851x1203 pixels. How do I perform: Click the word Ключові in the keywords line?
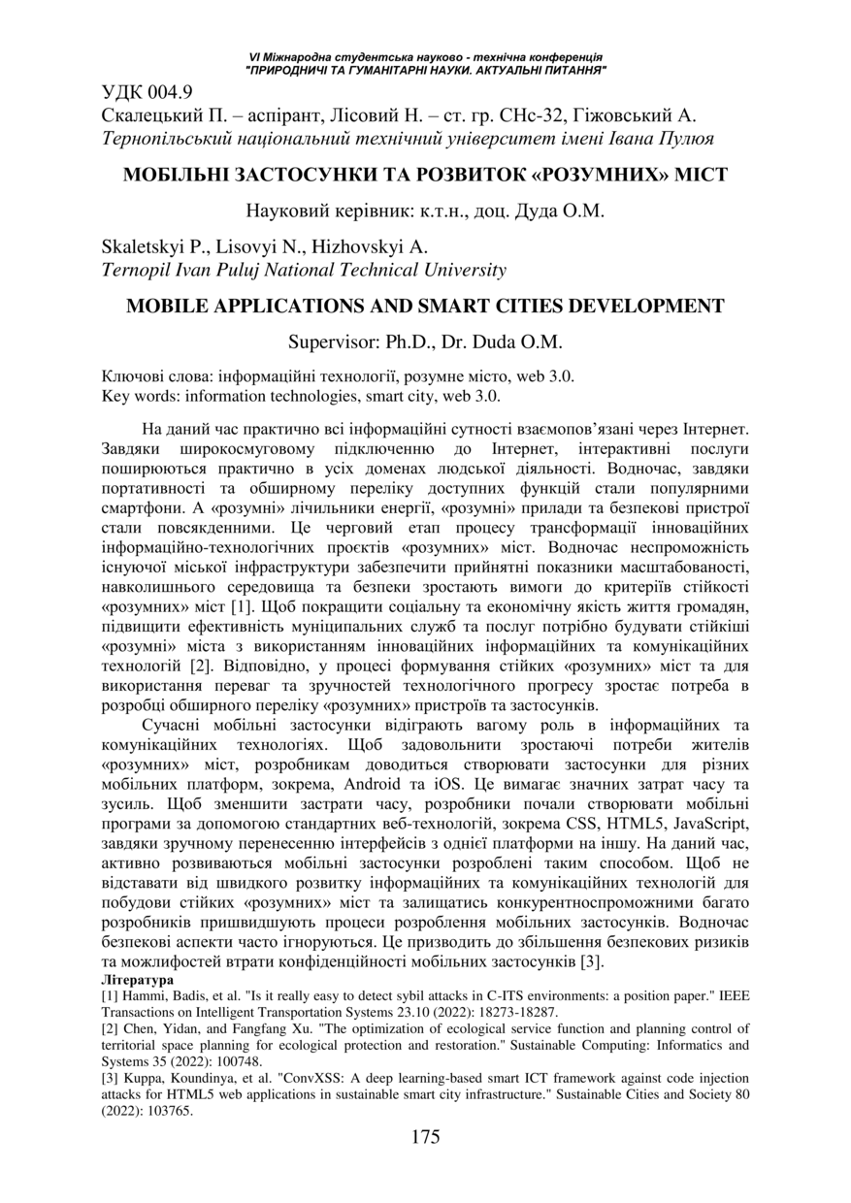[x=130, y=376]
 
